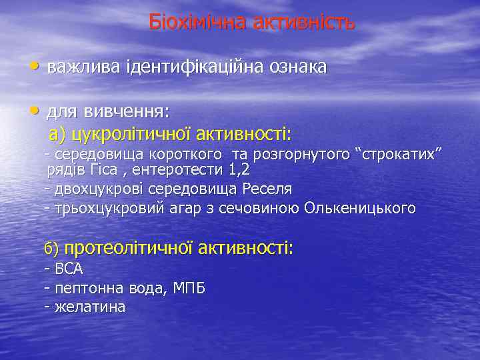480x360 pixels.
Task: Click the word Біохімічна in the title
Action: (x=195, y=22)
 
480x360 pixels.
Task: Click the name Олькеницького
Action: (x=360, y=208)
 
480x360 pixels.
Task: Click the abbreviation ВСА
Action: (x=69, y=269)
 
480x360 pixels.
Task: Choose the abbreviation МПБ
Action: (x=189, y=289)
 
